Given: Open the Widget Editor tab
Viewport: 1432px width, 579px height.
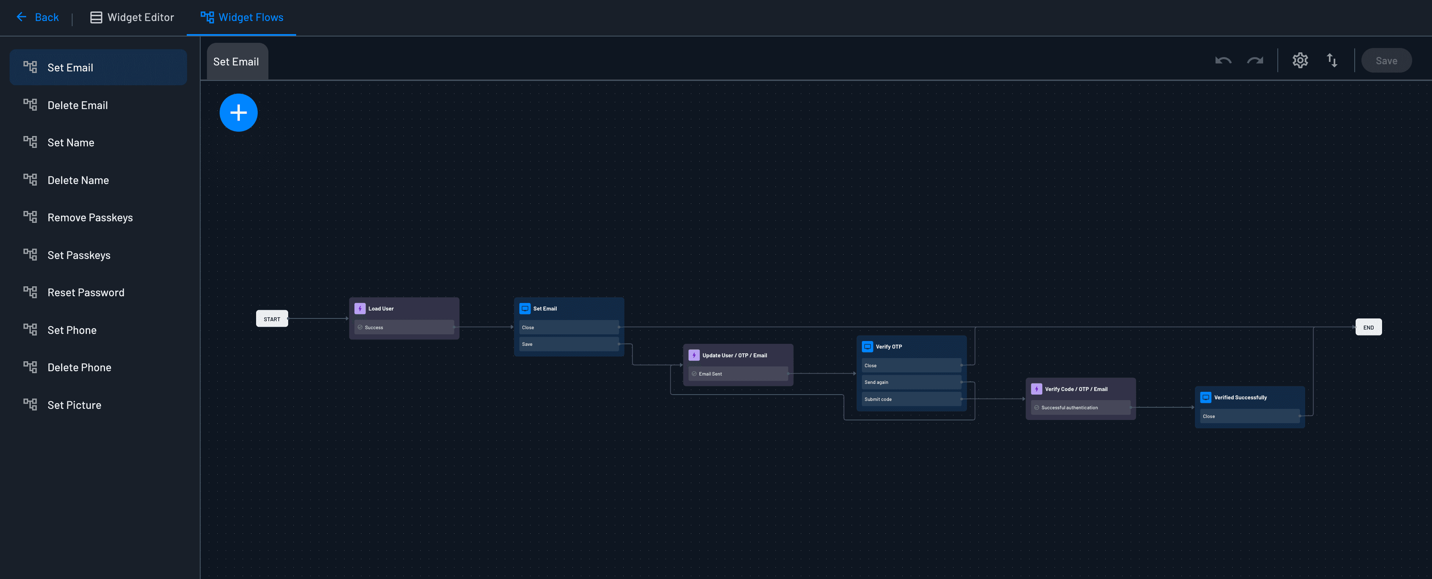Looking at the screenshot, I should [x=132, y=17].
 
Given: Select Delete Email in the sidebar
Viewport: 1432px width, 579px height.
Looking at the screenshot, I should [x=77, y=105].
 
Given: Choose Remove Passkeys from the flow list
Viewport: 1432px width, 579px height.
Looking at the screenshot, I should [x=90, y=217].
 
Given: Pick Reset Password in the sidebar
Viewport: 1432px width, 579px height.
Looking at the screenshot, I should [x=86, y=293].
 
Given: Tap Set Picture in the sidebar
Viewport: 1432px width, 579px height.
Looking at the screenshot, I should [x=74, y=405].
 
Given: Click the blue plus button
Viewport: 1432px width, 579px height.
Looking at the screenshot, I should [x=239, y=113].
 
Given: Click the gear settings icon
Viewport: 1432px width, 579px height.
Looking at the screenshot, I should [x=1300, y=60].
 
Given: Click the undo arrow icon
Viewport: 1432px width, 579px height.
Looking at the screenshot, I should [x=1223, y=60].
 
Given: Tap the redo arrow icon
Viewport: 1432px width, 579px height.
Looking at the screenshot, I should [x=1255, y=60].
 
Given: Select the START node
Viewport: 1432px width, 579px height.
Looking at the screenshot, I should [x=272, y=319].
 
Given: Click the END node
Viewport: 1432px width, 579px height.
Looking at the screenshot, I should [x=1368, y=327].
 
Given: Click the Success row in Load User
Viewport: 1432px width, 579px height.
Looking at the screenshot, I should [x=404, y=327].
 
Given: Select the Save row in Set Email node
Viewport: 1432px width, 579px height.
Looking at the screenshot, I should [x=568, y=344].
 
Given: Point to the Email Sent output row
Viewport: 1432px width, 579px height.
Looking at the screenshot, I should [x=738, y=374].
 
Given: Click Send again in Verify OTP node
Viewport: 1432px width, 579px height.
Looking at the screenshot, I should [x=911, y=382].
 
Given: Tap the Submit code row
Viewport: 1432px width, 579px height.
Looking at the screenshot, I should [x=911, y=399].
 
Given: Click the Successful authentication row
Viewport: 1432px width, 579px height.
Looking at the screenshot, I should [x=1080, y=408].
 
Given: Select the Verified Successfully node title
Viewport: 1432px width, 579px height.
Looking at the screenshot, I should [x=1240, y=397].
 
